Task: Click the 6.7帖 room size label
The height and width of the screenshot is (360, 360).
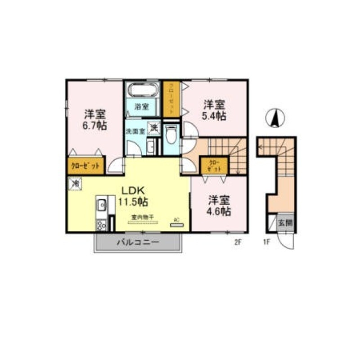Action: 94,126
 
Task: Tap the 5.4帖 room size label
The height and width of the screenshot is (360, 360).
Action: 214,116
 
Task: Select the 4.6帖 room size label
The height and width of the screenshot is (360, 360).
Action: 219,211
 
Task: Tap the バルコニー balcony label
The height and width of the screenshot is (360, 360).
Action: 138,243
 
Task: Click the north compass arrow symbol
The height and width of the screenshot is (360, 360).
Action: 274,118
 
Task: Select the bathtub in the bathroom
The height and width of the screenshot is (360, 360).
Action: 142,90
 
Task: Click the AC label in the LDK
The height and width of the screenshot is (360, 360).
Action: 176,220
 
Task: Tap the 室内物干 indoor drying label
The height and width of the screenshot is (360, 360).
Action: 143,217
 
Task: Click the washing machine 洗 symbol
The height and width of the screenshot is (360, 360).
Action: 154,128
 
